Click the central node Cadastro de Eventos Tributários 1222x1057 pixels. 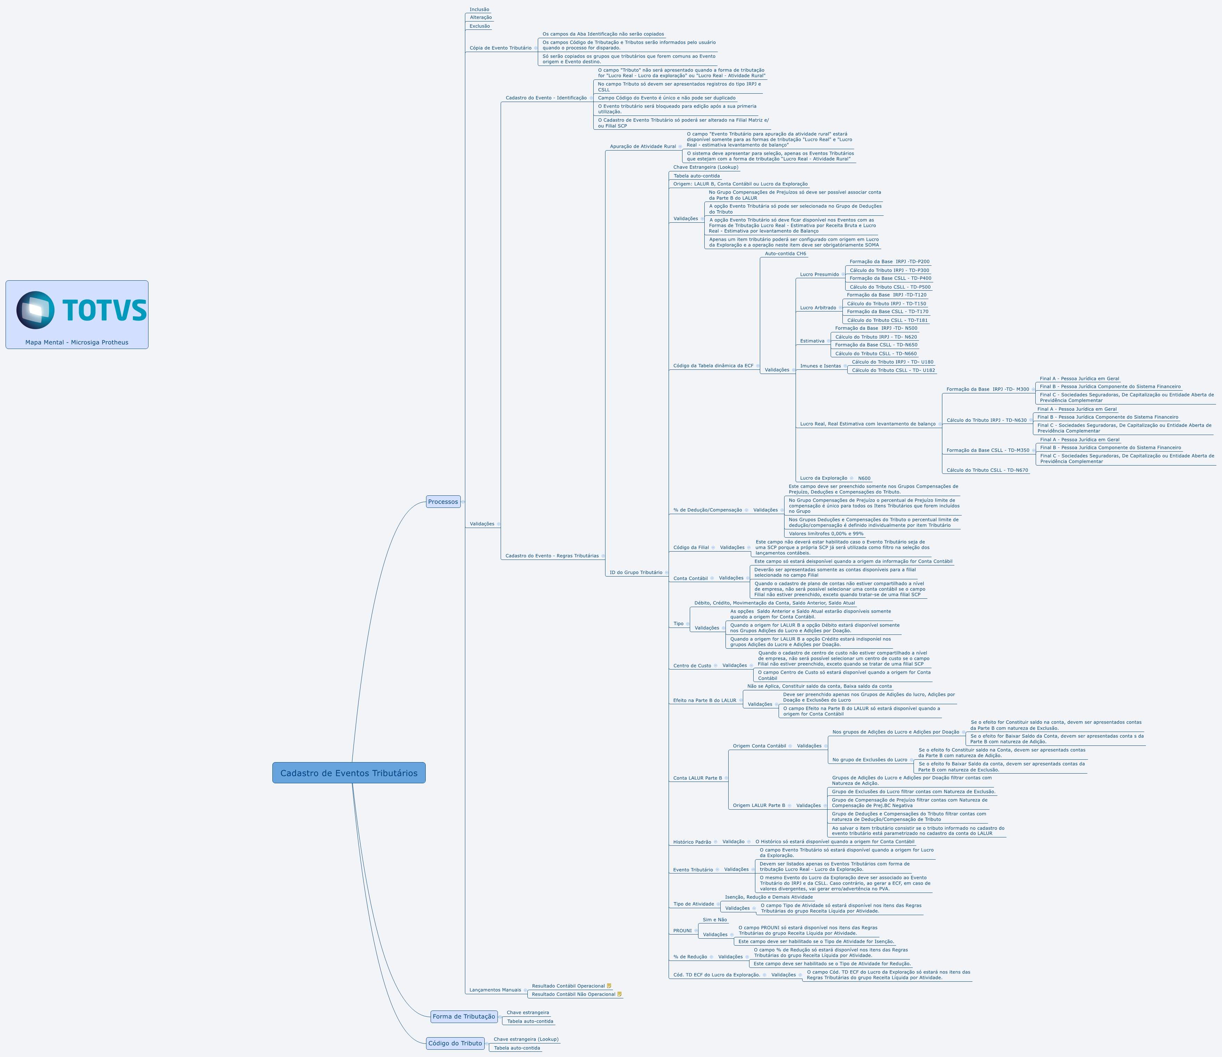[x=349, y=773]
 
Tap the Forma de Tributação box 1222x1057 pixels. [x=464, y=1016]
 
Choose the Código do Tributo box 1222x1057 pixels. [x=455, y=1043]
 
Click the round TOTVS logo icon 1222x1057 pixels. [x=35, y=310]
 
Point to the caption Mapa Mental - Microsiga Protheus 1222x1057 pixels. [x=77, y=342]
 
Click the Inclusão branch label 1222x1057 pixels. [x=479, y=9]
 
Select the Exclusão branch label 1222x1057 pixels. [x=480, y=26]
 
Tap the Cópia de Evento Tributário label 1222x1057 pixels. [x=500, y=48]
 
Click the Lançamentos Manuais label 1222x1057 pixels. [x=495, y=990]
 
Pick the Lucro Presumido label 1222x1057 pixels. [x=819, y=274]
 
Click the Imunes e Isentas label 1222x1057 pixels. [x=820, y=366]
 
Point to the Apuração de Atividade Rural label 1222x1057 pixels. [x=643, y=146]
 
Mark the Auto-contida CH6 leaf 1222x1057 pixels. [x=786, y=254]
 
